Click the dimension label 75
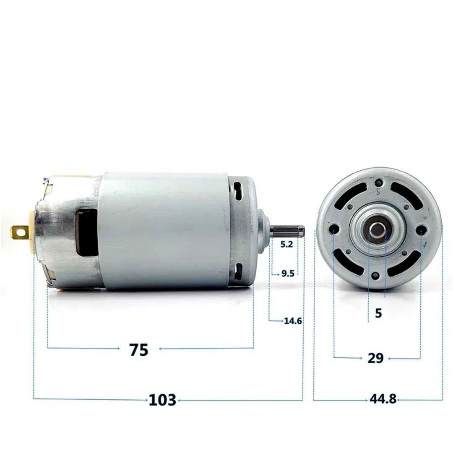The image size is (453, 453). [139, 349]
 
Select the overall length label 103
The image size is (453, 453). [162, 400]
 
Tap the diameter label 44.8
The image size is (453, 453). [383, 399]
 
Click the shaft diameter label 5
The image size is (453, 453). [378, 313]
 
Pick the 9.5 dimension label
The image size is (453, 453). [288, 274]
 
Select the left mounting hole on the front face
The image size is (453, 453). [334, 229]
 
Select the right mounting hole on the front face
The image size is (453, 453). [421, 230]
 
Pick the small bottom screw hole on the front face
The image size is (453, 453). [376, 275]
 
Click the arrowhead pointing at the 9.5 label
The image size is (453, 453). [278, 274]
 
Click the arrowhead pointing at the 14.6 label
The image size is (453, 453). [281, 321]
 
